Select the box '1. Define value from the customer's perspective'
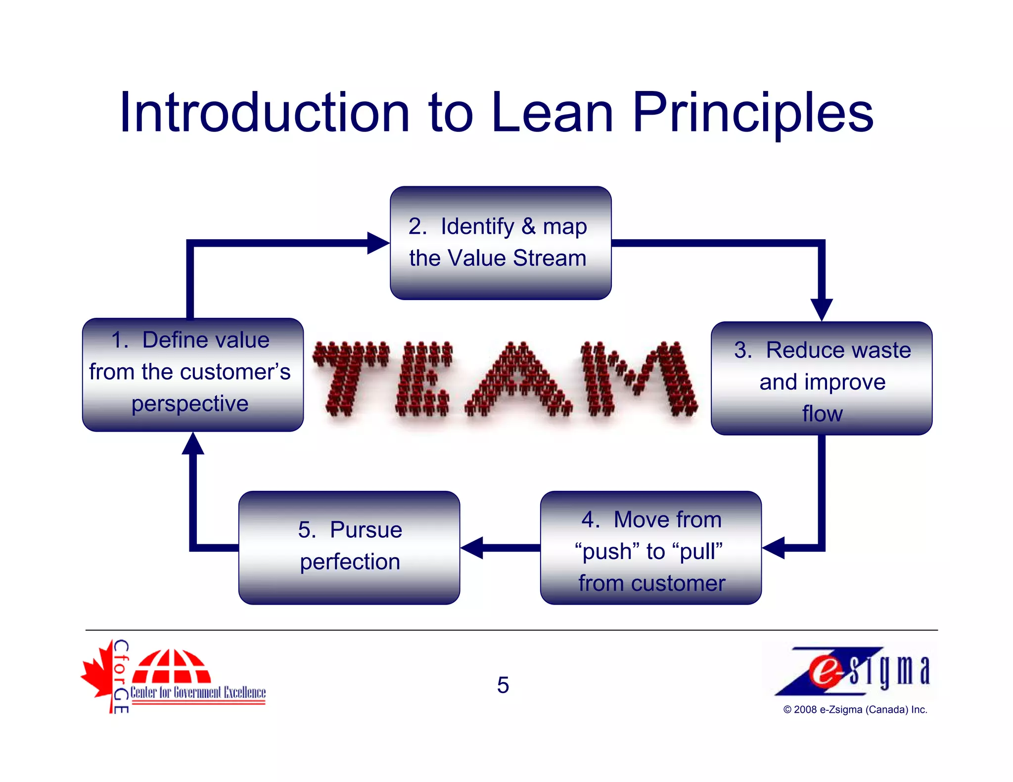pyautogui.click(x=192, y=375)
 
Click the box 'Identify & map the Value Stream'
pyautogui.click(x=500, y=243)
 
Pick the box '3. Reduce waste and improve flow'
pyautogui.click(x=822, y=379)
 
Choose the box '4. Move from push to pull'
pyautogui.click(x=650, y=548)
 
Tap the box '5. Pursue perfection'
pyautogui.click(x=349, y=548)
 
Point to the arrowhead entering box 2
pyautogui.click(x=378, y=243)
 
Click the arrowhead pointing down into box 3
pyautogui.click(x=822, y=309)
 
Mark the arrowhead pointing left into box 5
pyautogui.click(x=472, y=548)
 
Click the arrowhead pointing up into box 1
pyautogui.click(x=193, y=443)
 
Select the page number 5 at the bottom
pyautogui.click(x=503, y=685)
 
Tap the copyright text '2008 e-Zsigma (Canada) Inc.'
pyautogui.click(x=855, y=710)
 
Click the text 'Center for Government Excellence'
pyautogui.click(x=198, y=693)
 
